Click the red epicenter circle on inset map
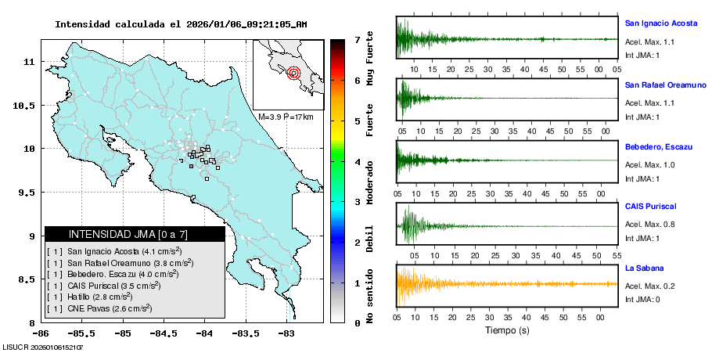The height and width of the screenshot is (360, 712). pos(293,74)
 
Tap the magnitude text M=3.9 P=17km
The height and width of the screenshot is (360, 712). pos(286,117)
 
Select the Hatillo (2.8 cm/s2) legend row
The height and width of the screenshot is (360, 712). pos(99,297)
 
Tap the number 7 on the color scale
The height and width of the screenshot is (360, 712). pos(356,39)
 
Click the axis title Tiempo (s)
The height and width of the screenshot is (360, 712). pos(507,330)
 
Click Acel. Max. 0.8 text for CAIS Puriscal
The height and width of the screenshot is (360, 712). pos(649,225)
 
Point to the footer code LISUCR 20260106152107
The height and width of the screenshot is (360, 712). pos(43,346)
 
